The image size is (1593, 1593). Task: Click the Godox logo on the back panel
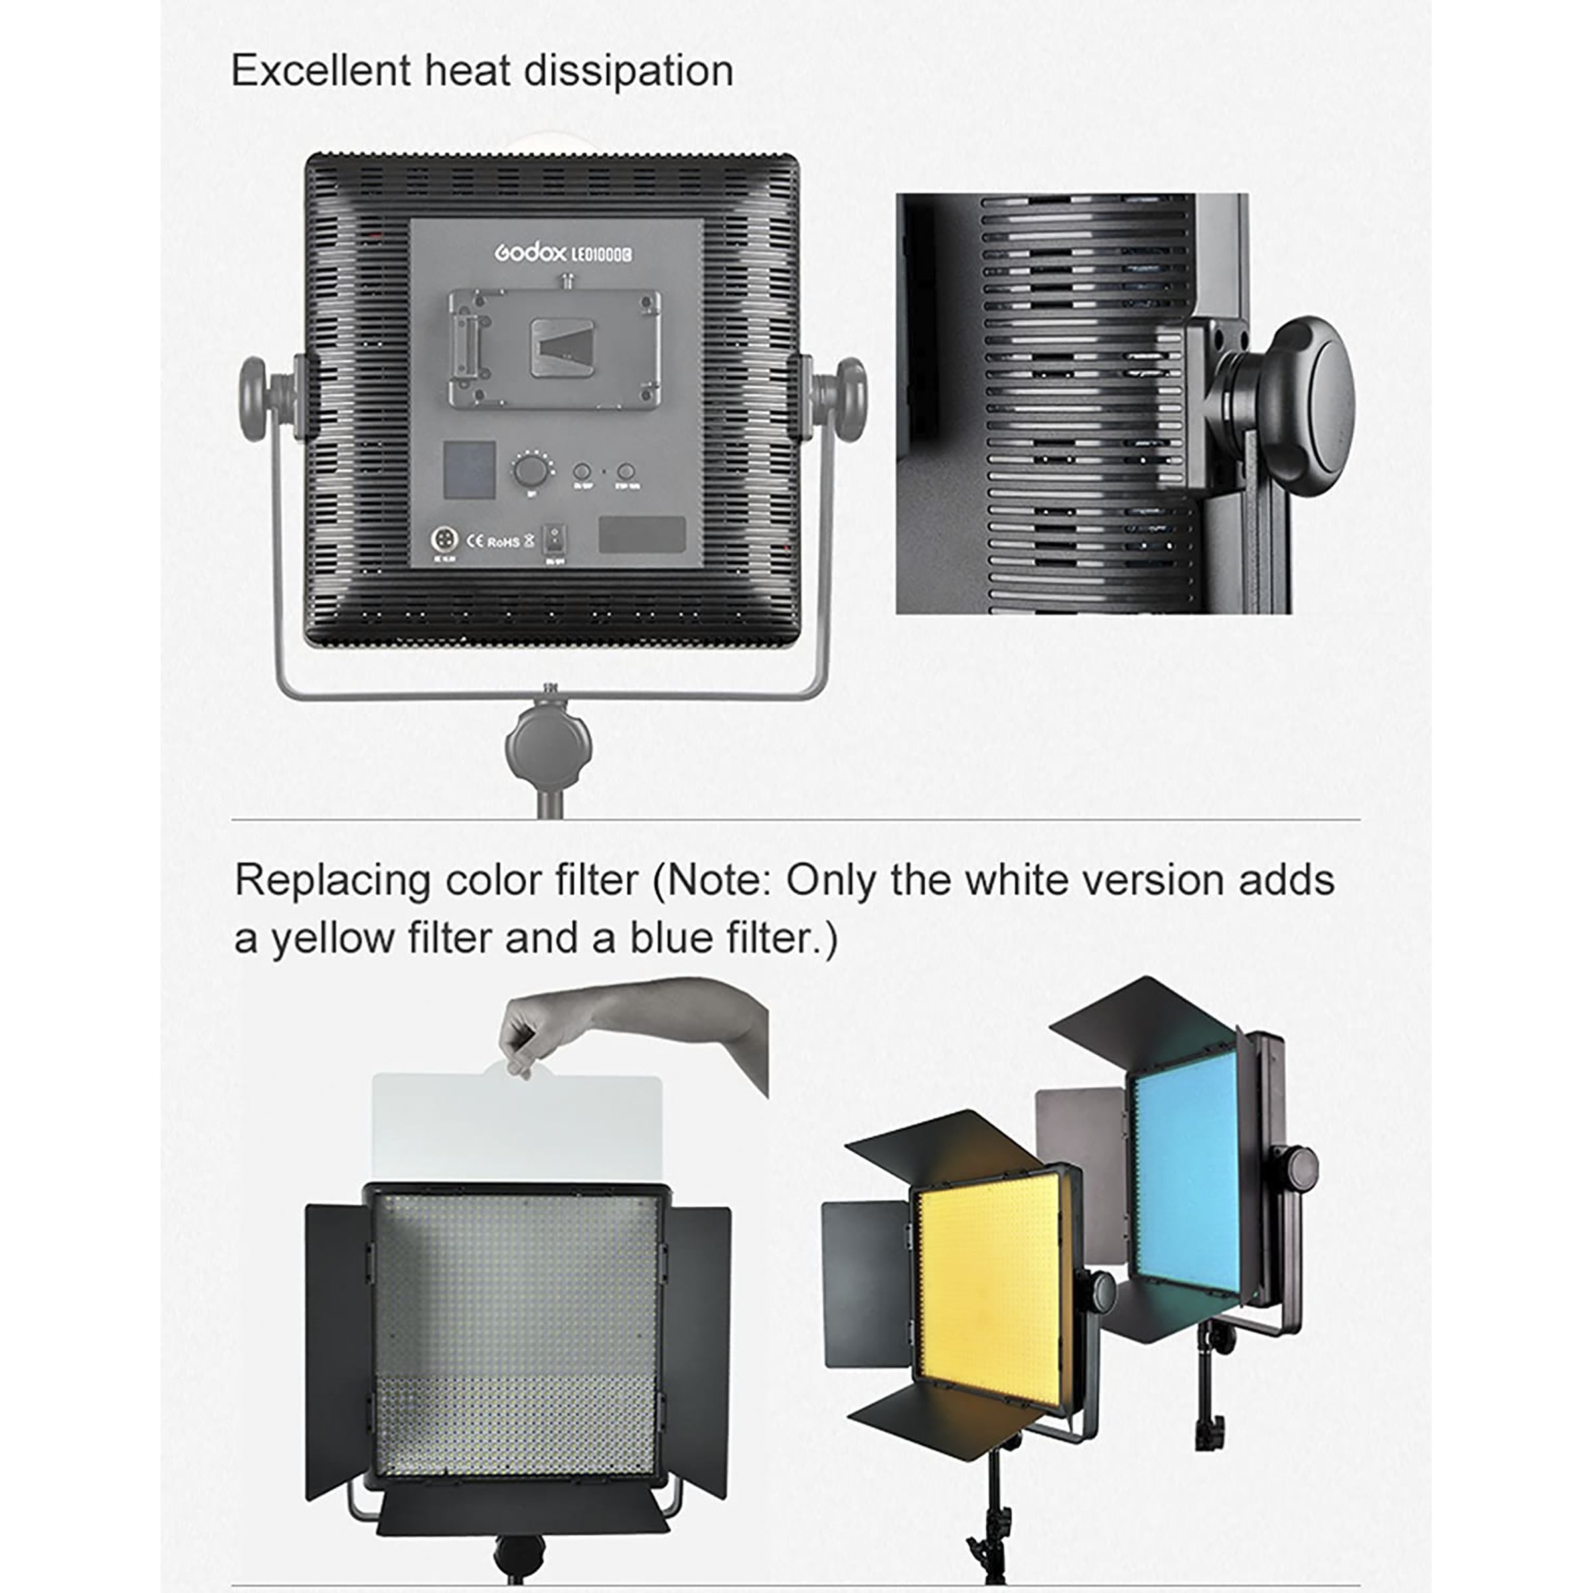click(x=530, y=253)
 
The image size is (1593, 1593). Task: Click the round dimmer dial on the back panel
click(x=530, y=472)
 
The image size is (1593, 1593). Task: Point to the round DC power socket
click(x=445, y=539)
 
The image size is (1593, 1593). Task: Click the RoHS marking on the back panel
click(x=504, y=542)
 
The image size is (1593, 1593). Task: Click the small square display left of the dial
click(x=470, y=469)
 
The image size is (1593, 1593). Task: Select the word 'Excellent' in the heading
click(x=321, y=71)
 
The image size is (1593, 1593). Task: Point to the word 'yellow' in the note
click(x=333, y=939)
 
